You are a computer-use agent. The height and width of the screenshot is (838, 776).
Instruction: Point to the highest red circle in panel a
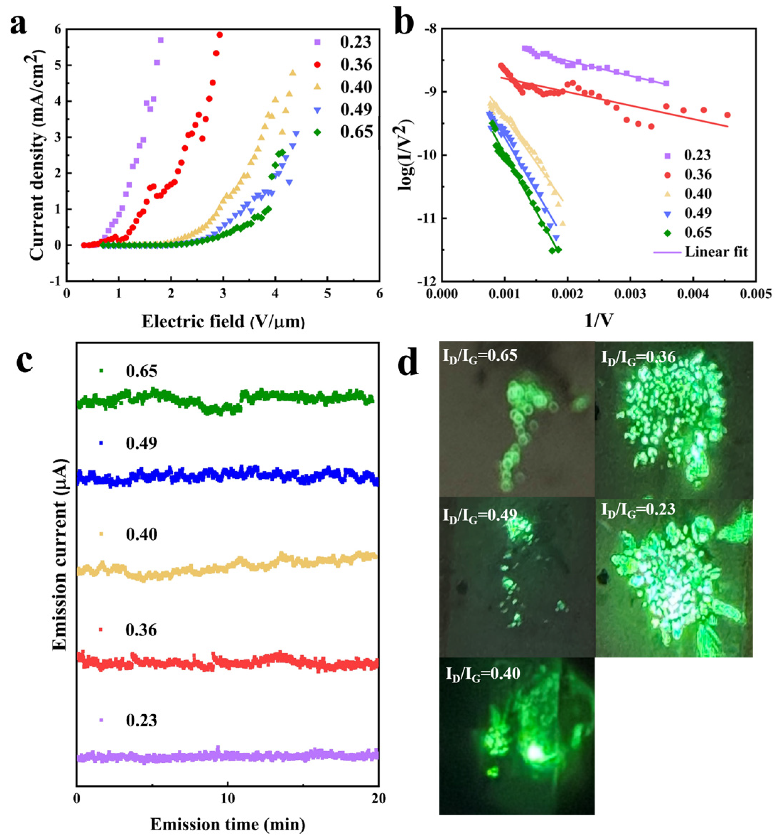pos(220,35)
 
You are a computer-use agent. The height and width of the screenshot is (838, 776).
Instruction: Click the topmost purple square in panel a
pos(160,40)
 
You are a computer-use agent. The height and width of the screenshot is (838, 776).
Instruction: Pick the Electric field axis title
pos(223,322)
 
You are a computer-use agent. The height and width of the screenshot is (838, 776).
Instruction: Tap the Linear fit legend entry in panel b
pos(716,252)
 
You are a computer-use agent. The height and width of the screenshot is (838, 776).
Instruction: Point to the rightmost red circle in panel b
pos(727,115)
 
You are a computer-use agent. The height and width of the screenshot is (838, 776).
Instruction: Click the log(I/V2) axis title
pos(406,155)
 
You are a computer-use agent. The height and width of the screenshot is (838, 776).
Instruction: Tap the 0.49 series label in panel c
pos(141,443)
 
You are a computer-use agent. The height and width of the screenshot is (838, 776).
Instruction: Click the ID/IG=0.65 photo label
pos(480,356)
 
